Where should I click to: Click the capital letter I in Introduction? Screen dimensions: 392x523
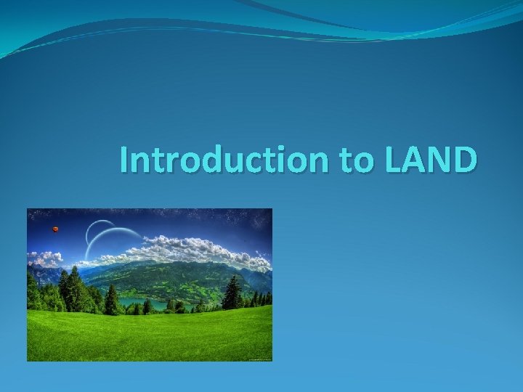(124, 160)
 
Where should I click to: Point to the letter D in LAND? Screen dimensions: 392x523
(464, 160)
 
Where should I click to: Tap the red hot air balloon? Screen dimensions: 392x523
(54, 229)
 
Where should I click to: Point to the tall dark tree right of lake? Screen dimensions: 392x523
(232, 293)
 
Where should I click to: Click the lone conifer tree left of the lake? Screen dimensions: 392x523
(111, 300)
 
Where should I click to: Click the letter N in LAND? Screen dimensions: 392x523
(443, 160)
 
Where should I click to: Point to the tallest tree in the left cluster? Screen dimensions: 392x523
(73, 287)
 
